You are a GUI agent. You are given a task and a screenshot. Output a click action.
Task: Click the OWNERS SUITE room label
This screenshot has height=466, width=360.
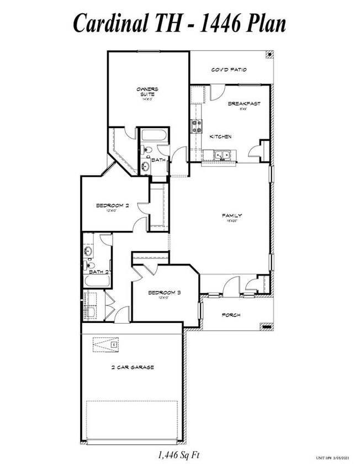(x=148, y=92)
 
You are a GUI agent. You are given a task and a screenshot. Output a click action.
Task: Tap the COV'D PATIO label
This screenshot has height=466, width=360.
(x=229, y=70)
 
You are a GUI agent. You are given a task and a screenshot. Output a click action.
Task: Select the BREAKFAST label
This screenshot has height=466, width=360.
(x=244, y=103)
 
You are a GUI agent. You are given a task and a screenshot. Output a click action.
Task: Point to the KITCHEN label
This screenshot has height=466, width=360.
(x=220, y=136)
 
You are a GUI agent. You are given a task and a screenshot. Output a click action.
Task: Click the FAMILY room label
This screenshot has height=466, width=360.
(x=232, y=216)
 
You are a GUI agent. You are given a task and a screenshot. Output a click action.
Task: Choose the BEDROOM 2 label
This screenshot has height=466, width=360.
(x=112, y=205)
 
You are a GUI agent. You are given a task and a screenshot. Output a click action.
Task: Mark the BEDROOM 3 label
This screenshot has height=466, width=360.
(x=164, y=292)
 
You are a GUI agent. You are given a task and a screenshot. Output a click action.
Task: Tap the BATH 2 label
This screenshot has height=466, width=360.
(x=98, y=272)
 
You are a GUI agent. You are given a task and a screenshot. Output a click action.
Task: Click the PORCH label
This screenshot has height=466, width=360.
(x=231, y=315)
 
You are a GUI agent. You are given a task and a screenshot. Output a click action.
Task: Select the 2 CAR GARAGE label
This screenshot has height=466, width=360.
(x=132, y=367)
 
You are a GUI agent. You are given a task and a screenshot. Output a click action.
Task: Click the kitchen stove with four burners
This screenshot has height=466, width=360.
(x=197, y=127)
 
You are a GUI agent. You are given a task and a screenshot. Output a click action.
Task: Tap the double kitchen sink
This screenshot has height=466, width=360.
(x=224, y=156)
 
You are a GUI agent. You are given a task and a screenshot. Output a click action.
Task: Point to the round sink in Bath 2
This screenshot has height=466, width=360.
(x=88, y=251)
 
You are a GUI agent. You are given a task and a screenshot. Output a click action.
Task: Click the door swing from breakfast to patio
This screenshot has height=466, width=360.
(x=216, y=92)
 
